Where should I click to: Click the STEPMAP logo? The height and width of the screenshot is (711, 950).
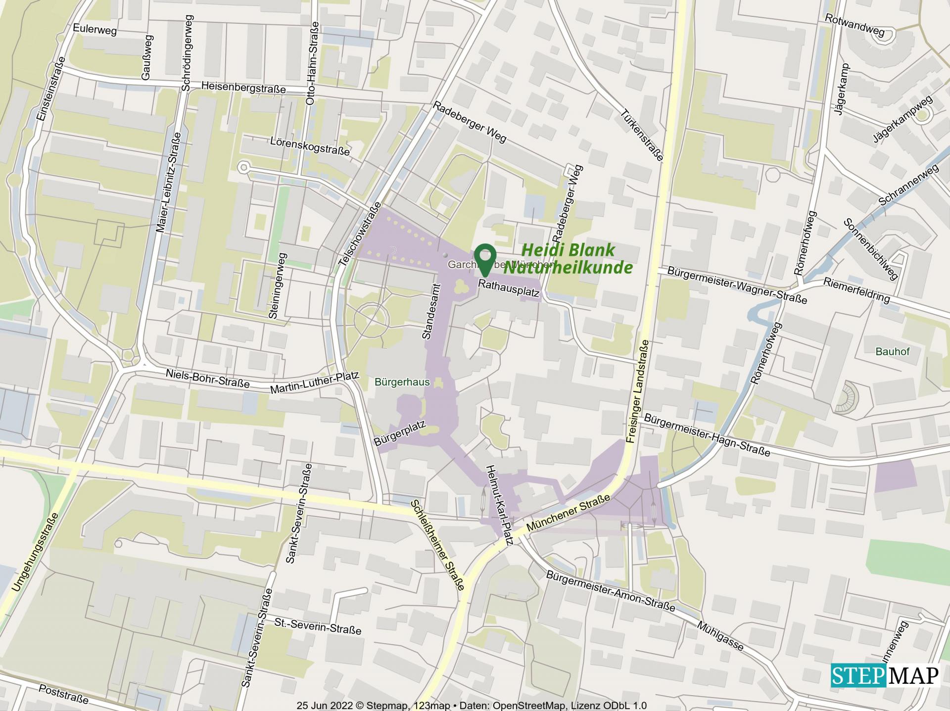(884, 675)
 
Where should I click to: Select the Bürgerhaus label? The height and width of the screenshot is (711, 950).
(402, 382)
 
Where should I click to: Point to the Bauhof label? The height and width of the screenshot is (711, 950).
(892, 352)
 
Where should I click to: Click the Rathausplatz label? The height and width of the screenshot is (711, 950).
(509, 289)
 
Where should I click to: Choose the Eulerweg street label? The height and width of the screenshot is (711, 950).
(95, 30)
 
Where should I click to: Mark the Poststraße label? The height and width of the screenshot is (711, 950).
(63, 694)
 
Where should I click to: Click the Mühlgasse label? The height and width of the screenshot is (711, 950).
(720, 636)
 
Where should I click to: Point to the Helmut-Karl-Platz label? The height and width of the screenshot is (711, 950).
(500, 505)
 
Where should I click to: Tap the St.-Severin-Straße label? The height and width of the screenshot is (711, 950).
(318, 626)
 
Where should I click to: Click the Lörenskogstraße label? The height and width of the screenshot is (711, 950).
(310, 145)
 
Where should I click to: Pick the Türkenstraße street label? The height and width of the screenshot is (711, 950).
(641, 135)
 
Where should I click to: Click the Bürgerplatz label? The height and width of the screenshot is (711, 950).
(400, 434)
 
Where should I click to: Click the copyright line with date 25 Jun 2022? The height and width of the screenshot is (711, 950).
(471, 706)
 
